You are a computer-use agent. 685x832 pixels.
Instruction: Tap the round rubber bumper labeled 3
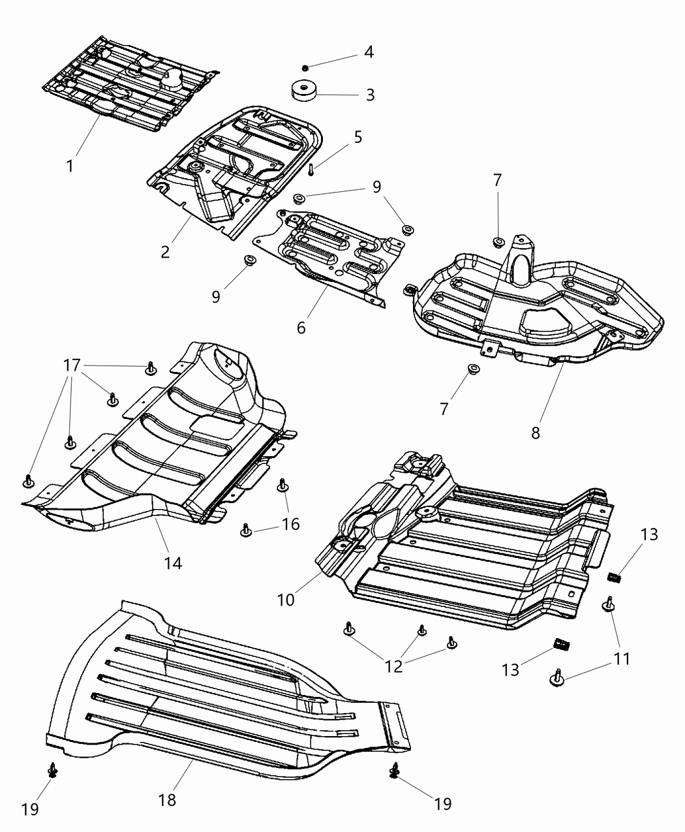coord(303,90)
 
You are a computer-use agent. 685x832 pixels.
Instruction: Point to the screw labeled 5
coord(312,169)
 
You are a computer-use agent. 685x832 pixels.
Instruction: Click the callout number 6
coord(301,328)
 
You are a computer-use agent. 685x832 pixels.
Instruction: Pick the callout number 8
coord(535,433)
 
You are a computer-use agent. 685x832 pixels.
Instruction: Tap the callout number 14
coord(172,562)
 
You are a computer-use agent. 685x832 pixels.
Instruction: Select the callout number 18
coord(167,799)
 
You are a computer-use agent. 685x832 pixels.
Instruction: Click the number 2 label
coord(166,251)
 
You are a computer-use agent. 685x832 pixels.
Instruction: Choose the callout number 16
coord(290,523)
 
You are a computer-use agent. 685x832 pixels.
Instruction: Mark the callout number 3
coord(370,95)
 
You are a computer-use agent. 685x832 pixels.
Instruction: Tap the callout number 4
coord(369,52)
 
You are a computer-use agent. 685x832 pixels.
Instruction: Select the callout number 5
coord(358,137)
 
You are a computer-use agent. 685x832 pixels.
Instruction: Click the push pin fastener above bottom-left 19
coord(52,772)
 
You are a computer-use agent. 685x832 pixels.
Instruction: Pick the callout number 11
coord(622,659)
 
